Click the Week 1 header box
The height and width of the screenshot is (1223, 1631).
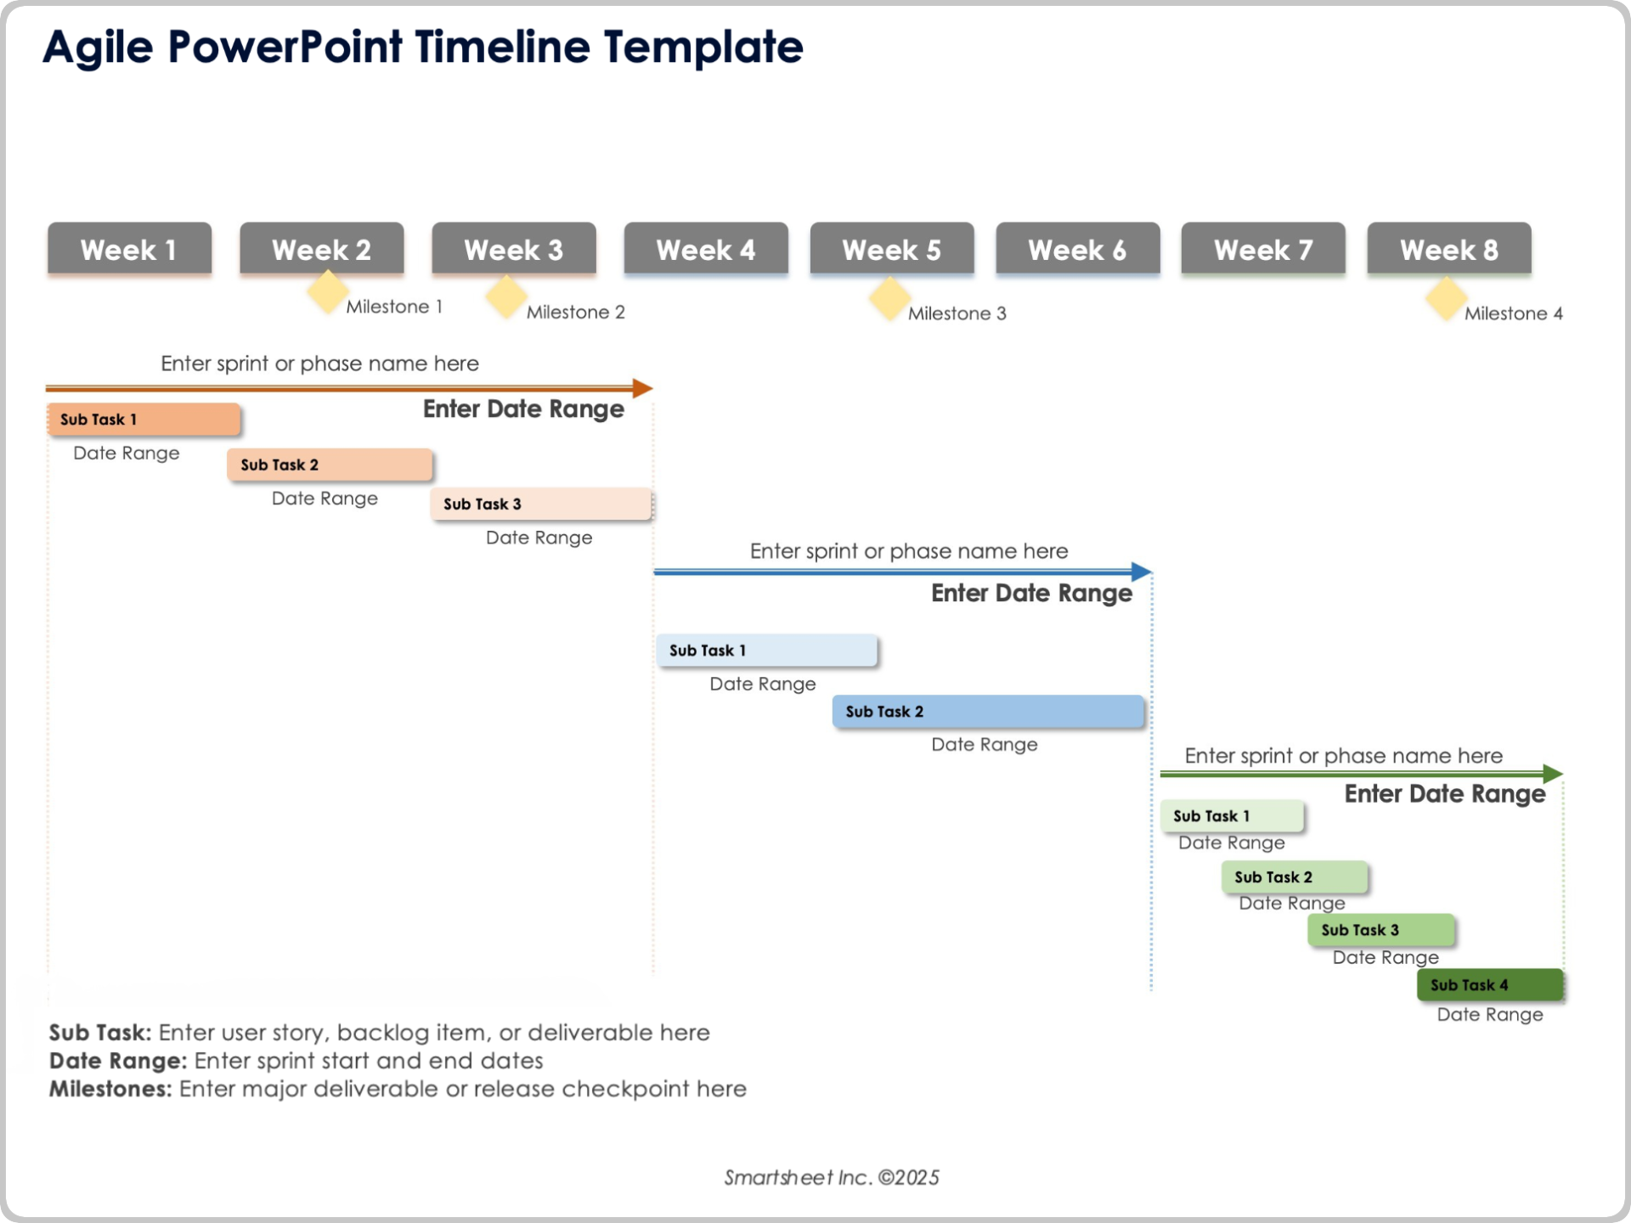(129, 249)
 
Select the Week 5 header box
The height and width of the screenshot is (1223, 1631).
(891, 249)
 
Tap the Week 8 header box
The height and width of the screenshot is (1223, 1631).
(1448, 249)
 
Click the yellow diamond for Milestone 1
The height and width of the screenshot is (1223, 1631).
(327, 291)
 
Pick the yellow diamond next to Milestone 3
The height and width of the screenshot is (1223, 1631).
(889, 298)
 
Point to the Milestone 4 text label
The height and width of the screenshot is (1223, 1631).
(1513, 313)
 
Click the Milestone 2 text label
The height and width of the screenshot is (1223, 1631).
(575, 312)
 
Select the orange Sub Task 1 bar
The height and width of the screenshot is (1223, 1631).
(144, 420)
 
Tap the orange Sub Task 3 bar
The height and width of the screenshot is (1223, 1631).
(541, 504)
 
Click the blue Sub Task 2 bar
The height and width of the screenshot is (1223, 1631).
(988, 712)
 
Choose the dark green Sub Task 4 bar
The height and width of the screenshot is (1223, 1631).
(1490, 985)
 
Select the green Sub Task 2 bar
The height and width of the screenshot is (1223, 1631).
(1295, 877)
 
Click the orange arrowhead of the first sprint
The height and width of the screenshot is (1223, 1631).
(643, 388)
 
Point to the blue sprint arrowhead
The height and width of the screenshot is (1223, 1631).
(1142, 572)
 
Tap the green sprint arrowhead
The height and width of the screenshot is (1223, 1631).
(1553, 774)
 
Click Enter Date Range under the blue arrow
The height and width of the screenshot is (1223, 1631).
(1031, 593)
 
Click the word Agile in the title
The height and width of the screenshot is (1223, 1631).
(98, 47)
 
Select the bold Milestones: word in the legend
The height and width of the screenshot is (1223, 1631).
(110, 1089)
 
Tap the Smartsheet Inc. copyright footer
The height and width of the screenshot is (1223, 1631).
(831, 1177)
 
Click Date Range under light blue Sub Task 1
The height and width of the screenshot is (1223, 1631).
(762, 684)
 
